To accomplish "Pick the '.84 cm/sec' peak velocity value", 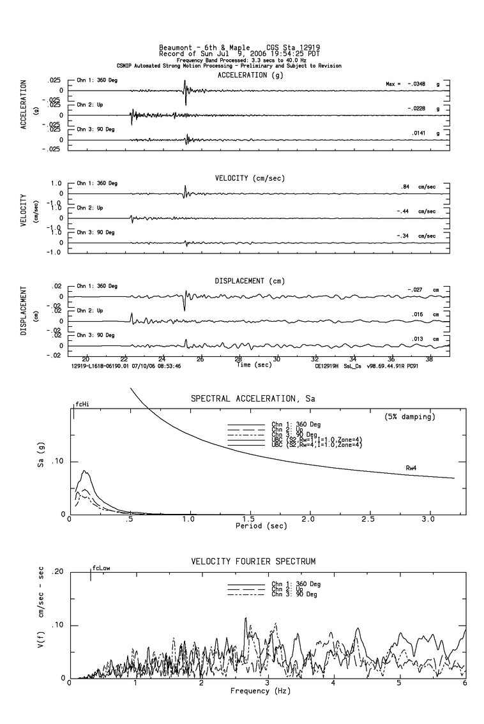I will pos(418,187).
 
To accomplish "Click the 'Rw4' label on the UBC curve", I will pos(412,468).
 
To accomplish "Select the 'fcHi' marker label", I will pos(82,404).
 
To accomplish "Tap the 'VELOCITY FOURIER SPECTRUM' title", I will pos(253,561).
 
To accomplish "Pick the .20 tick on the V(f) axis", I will pos(57,571).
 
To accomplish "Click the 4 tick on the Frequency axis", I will pos(333,684).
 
